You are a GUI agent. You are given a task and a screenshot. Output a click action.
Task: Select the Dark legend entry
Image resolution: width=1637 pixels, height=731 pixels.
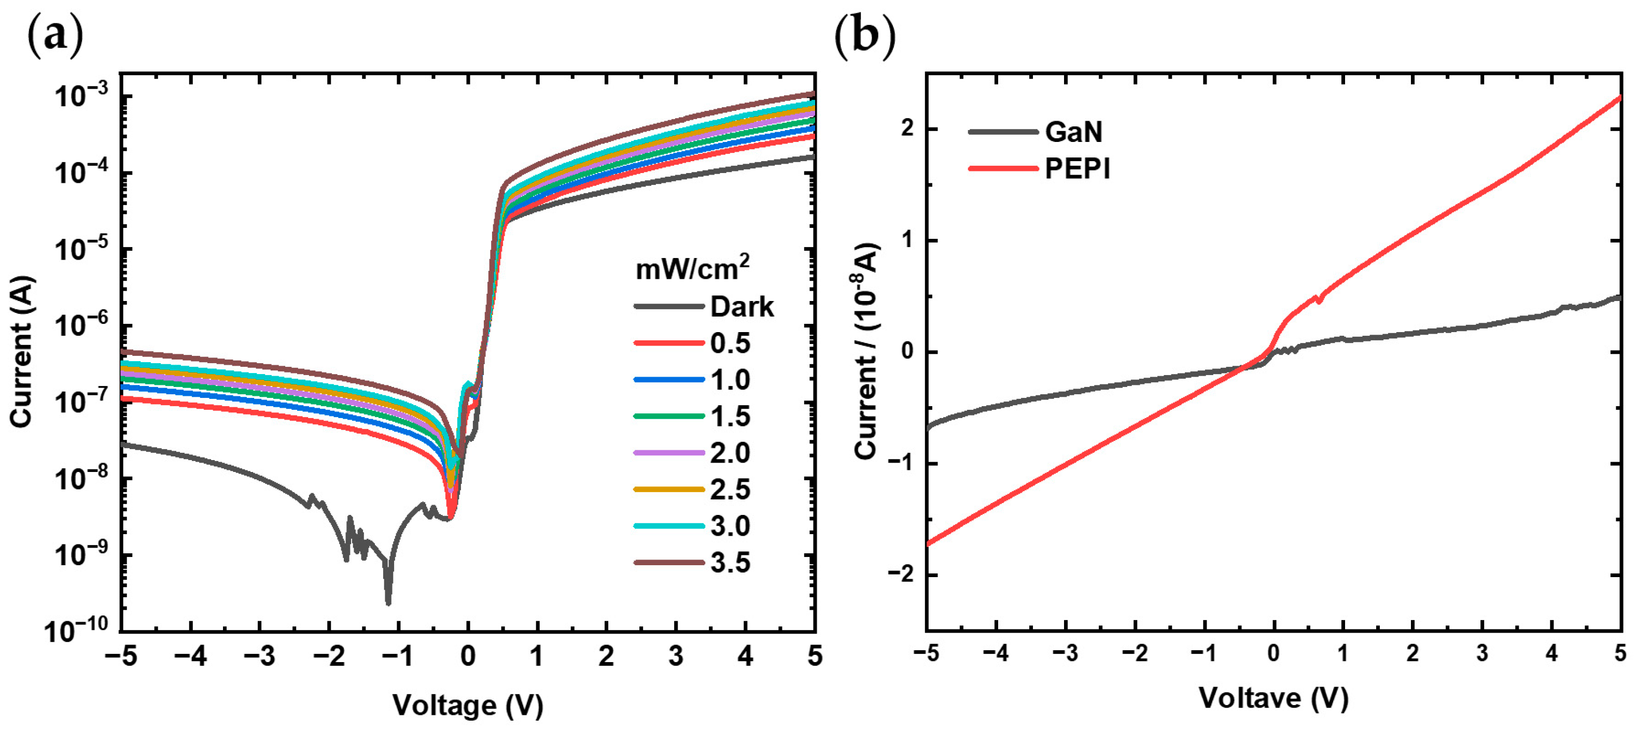[x=741, y=307]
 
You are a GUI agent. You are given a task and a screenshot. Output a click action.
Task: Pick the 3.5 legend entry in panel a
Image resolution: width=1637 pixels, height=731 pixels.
[x=730, y=563]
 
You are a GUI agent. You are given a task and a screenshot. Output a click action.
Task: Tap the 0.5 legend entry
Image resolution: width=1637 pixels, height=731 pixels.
[x=730, y=343]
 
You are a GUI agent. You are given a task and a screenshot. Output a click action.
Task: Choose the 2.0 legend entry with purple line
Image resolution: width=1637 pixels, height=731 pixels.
[x=730, y=453]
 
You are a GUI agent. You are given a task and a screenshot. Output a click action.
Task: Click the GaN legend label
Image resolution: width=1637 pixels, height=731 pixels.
[x=1074, y=132]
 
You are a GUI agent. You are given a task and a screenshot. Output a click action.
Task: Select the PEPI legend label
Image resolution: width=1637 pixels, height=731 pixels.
[x=1077, y=169]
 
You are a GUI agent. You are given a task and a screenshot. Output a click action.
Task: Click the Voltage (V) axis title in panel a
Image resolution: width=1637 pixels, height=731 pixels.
[x=468, y=705]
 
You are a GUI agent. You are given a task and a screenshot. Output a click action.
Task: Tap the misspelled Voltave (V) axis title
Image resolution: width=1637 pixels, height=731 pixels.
[x=1274, y=697]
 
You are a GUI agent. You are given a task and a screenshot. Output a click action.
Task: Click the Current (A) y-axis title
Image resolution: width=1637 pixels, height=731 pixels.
[x=22, y=351]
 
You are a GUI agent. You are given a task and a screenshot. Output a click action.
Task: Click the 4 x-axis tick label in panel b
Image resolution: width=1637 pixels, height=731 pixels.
[x=1551, y=653]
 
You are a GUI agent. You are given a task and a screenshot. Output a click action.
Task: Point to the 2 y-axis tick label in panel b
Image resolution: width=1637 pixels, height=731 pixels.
[x=907, y=128]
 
